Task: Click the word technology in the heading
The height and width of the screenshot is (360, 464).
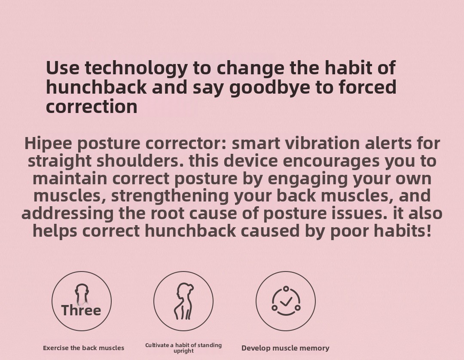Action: (136, 68)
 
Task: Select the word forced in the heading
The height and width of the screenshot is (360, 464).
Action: (367, 87)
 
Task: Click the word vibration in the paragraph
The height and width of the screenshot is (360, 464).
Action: (322, 143)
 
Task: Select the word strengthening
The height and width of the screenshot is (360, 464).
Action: (170, 196)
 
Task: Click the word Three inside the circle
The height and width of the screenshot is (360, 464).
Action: (81, 310)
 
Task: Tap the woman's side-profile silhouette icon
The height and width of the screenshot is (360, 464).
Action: (183, 301)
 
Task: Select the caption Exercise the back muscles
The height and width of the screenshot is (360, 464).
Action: (83, 348)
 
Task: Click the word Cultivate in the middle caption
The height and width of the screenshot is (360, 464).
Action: (157, 345)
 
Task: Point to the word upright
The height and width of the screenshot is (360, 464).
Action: (183, 351)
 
